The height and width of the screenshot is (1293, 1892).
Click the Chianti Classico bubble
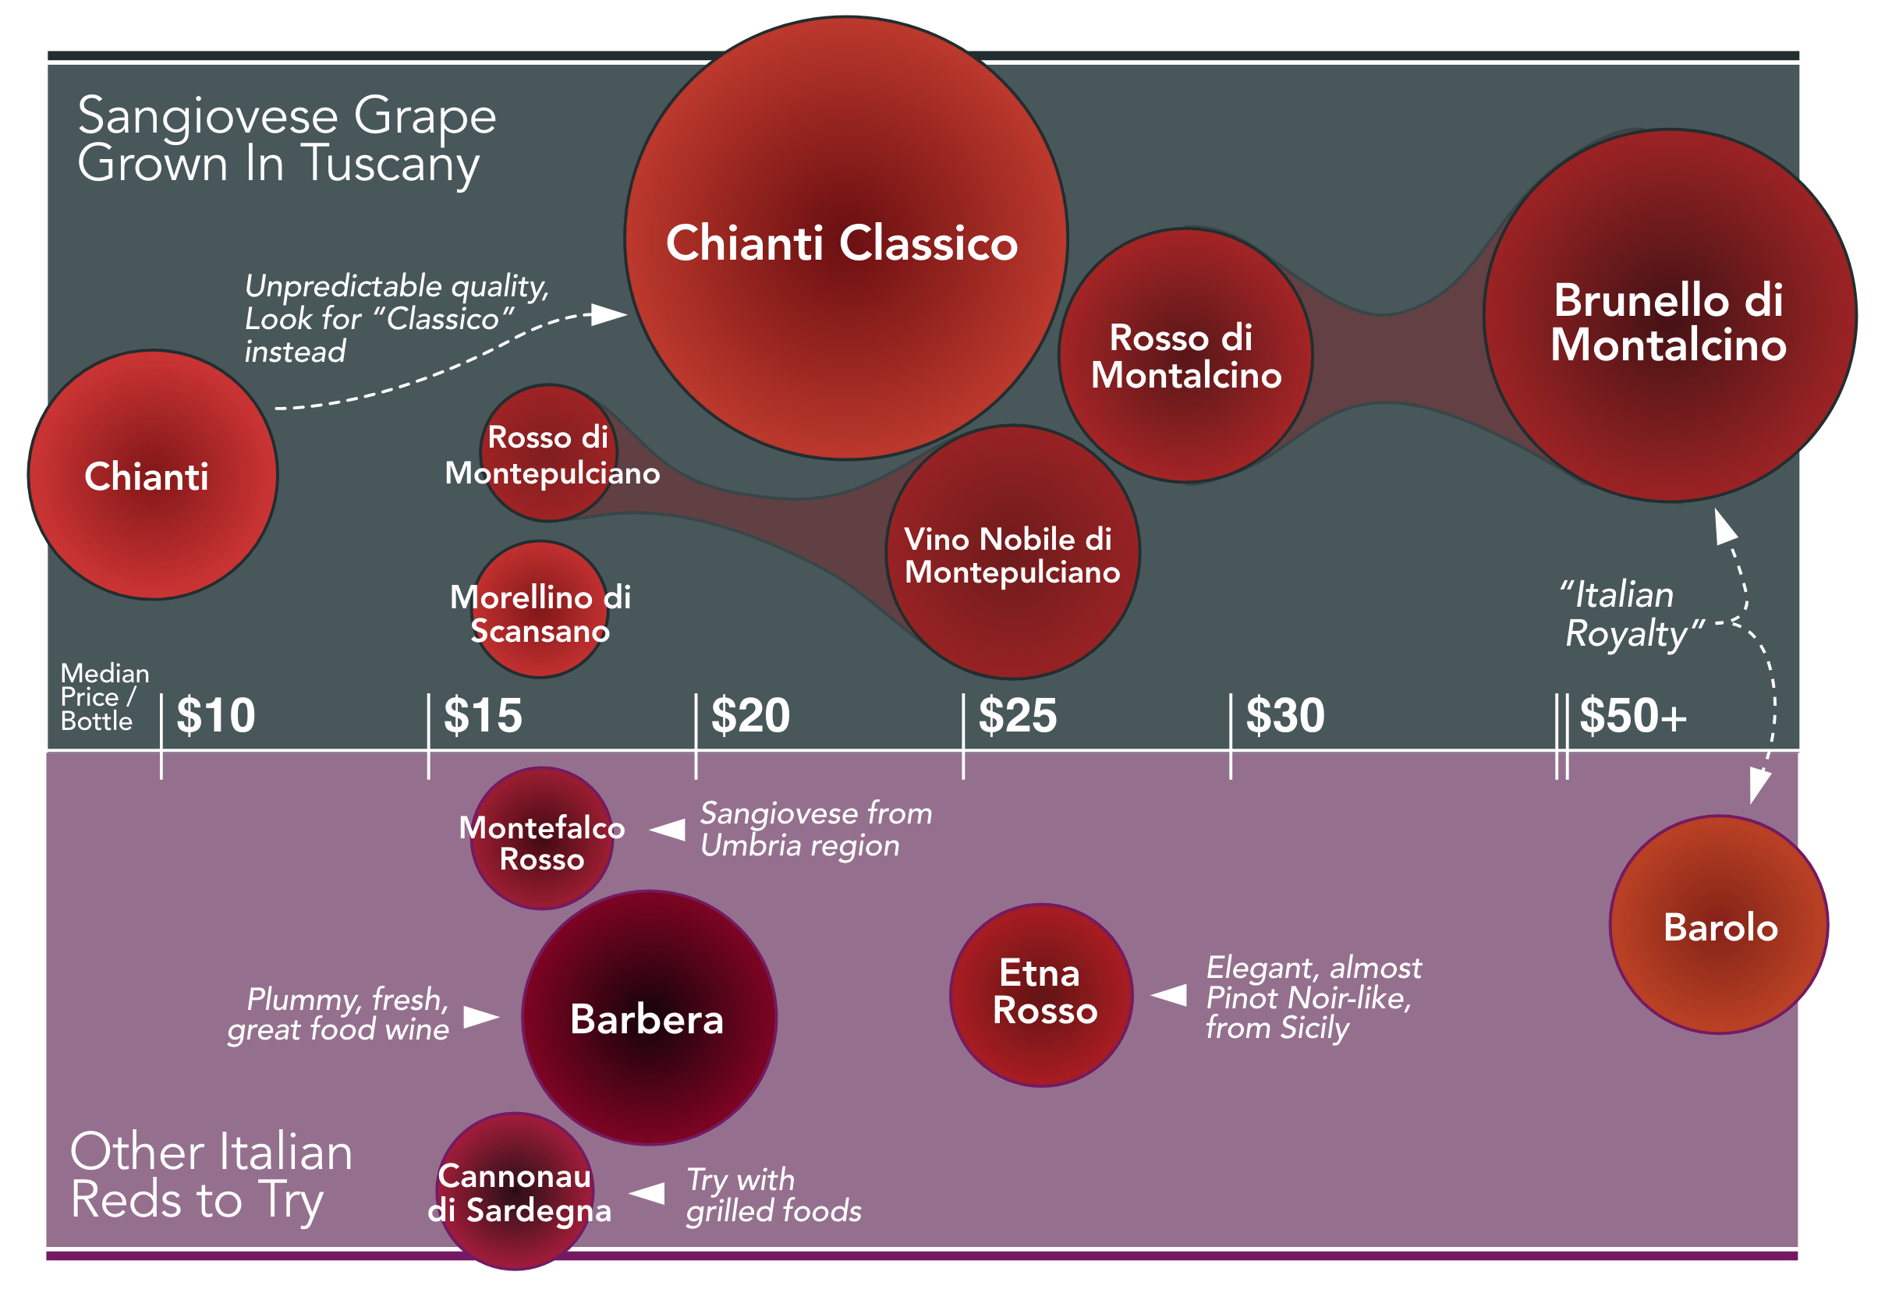(845, 238)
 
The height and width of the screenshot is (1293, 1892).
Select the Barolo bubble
(1719, 926)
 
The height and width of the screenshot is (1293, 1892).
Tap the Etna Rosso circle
(1041, 995)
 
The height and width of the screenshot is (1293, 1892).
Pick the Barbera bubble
(649, 1018)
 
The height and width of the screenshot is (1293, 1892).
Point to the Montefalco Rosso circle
(541, 839)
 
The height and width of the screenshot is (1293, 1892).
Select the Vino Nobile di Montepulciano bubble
(1012, 553)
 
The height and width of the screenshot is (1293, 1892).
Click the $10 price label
(216, 716)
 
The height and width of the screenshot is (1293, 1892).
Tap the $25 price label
(1017, 716)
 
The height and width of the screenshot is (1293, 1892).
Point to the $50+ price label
(1632, 716)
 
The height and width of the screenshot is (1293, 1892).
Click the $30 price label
(1284, 716)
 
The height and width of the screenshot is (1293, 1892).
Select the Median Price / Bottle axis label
(105, 698)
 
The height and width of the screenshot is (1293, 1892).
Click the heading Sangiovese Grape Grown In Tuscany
(286, 140)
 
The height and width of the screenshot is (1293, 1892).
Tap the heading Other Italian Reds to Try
(211, 1175)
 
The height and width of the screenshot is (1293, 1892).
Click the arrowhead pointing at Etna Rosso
(1169, 995)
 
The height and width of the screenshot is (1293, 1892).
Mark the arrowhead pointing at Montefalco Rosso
(668, 830)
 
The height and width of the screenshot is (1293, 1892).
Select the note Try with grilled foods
(773, 1196)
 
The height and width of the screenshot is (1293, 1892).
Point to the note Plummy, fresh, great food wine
(338, 1015)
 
